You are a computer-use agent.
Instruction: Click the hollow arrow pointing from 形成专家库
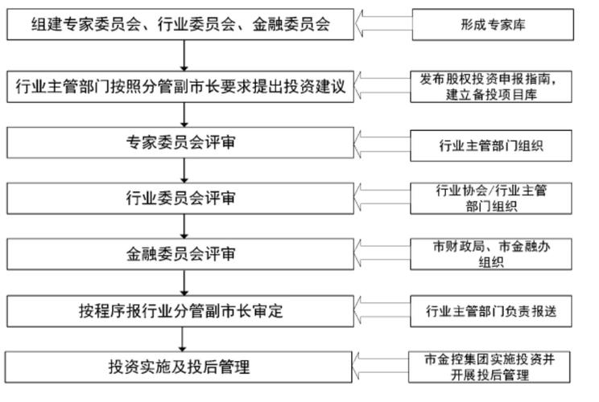pos(385,24)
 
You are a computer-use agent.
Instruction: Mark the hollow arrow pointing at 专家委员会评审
pos(385,145)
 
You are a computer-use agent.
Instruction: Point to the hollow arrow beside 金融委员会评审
pos(385,254)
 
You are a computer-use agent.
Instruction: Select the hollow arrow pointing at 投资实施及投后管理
pos(385,367)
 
